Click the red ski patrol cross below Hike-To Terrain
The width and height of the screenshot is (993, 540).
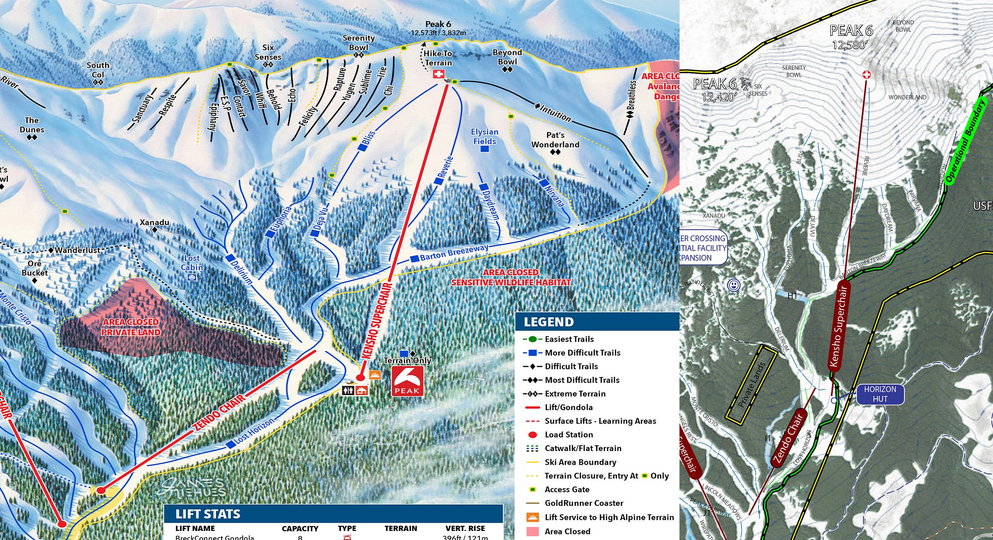click(x=438, y=74)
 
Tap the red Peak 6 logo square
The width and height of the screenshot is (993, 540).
click(x=408, y=381)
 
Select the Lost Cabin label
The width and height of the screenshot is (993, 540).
click(x=192, y=263)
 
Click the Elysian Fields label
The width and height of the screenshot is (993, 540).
click(x=485, y=137)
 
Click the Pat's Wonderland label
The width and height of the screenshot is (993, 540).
click(x=555, y=140)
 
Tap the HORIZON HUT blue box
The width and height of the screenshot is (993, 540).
click(x=880, y=394)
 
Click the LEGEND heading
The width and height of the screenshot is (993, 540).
click(x=549, y=322)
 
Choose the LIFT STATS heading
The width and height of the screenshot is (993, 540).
click(x=208, y=514)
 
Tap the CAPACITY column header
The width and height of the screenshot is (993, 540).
click(x=300, y=528)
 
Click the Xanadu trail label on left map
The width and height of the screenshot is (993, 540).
click(x=154, y=223)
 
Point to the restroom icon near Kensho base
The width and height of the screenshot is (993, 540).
click(x=348, y=390)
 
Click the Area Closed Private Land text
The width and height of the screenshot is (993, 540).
click(x=131, y=327)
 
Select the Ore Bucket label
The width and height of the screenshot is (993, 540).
click(x=34, y=268)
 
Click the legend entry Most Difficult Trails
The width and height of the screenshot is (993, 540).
click(x=582, y=380)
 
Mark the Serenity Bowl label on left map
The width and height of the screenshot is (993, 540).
click(x=358, y=43)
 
